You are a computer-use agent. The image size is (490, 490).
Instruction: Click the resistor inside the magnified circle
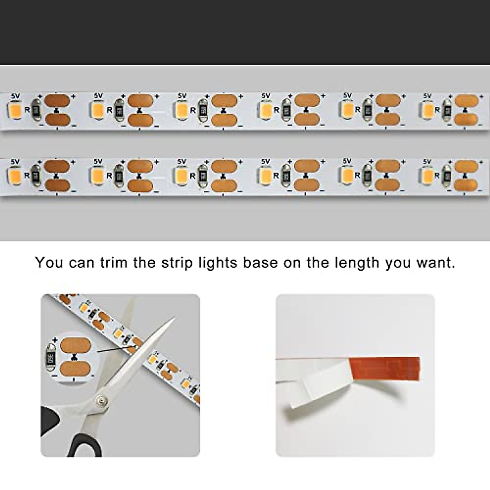pos(52,359)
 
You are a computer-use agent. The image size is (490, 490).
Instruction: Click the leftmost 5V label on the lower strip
pos(15,161)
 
